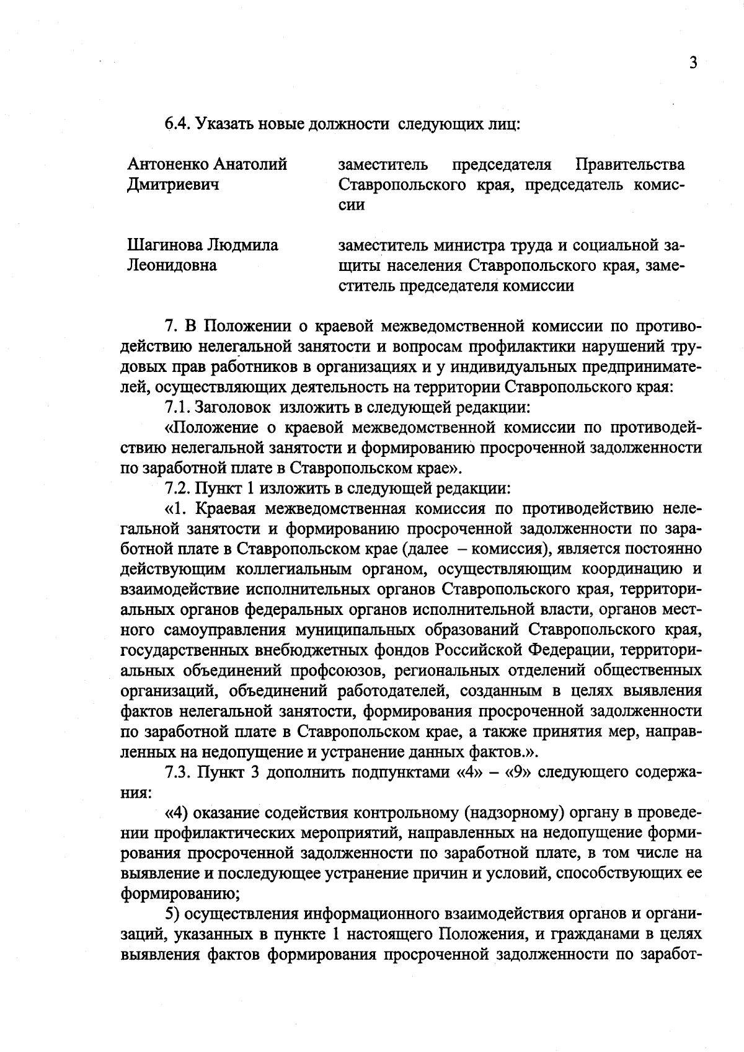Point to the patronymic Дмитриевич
(x=173, y=184)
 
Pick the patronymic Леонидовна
(x=172, y=265)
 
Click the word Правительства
(x=631, y=164)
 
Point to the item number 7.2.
(x=177, y=488)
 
